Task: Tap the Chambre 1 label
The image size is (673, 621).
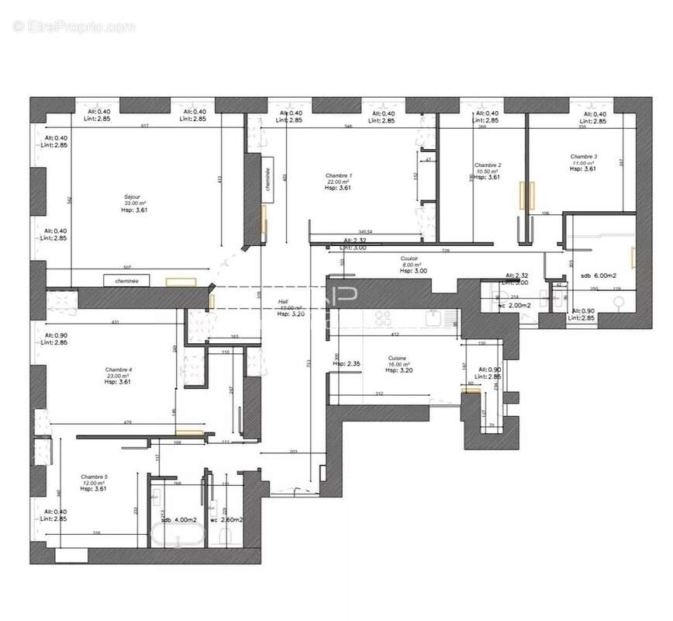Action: click(339, 175)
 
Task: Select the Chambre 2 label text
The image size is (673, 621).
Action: click(488, 165)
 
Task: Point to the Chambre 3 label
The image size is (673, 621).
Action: click(584, 156)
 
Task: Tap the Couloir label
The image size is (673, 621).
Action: click(410, 258)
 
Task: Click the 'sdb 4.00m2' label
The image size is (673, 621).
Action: click(179, 520)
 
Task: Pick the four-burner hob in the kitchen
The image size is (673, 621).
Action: click(382, 318)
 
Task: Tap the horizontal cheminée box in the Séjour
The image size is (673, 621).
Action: click(126, 281)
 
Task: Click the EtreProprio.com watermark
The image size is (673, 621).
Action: click(74, 26)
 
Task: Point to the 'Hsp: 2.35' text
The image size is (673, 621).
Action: click(345, 363)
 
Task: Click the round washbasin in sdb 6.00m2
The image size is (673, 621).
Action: click(619, 303)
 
